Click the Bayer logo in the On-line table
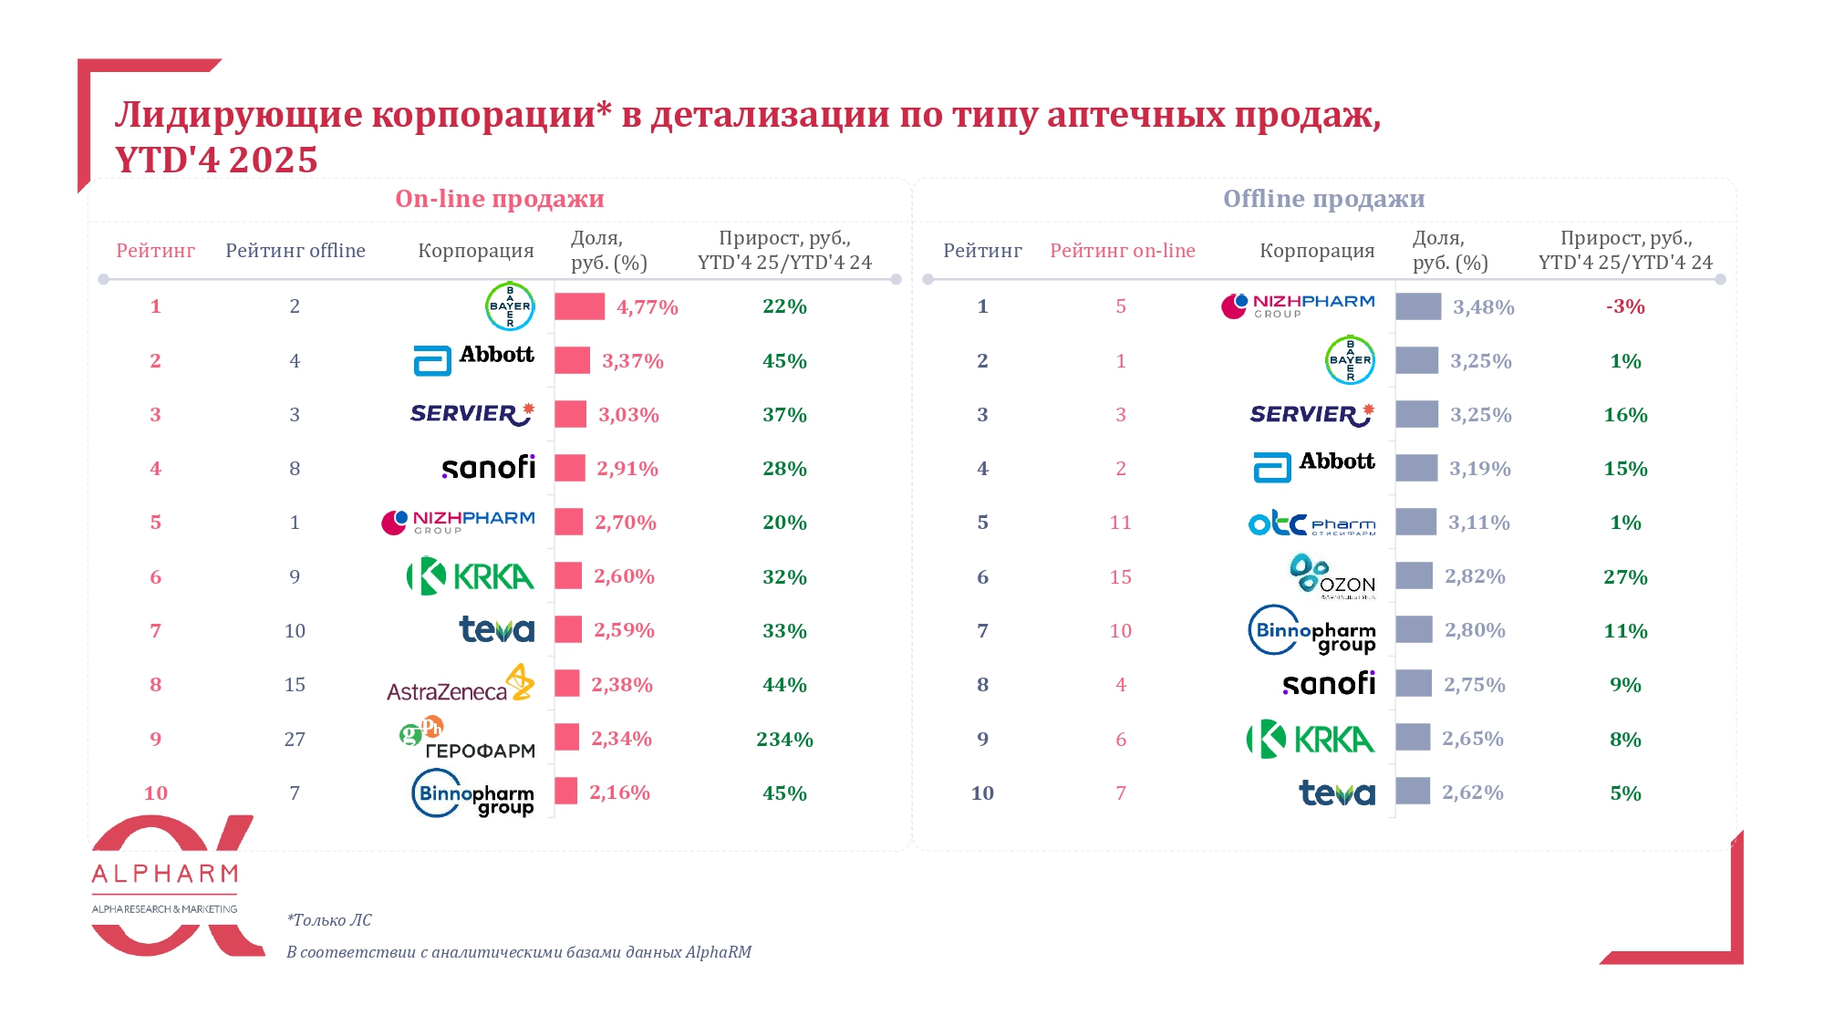coord(509,306)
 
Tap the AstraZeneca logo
coord(461,685)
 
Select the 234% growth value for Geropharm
coord(784,740)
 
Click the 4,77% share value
coord(648,307)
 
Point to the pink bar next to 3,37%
coord(573,361)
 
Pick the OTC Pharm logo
coord(1311,523)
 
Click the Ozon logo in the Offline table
coord(1332,577)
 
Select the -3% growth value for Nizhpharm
coord(1625,307)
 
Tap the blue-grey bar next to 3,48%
coord(1418,307)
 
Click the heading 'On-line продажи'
coord(499,199)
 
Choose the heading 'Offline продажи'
coord(1323,199)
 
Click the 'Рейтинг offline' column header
coord(295,251)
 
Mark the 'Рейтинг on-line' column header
coord(1122,251)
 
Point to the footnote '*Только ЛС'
coord(329,920)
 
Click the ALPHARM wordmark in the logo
coord(165,875)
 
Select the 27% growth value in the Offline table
coord(1625,577)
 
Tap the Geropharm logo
coord(468,740)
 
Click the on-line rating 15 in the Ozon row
coord(1121,577)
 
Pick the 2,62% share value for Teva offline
coord(1472,793)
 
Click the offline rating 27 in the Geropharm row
coord(295,740)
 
